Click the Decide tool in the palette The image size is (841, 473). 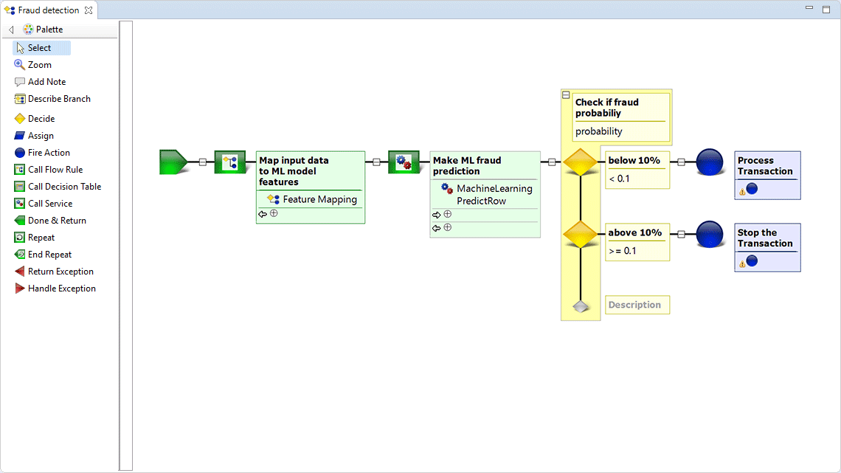coord(41,119)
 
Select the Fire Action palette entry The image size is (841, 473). coord(49,153)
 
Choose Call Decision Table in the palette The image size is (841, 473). coord(64,187)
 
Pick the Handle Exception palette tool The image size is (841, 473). coord(61,289)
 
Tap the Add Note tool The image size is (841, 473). coord(46,82)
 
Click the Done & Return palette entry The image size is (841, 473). coord(57,221)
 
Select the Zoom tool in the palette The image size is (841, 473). coord(39,65)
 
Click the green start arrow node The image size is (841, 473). coord(173,162)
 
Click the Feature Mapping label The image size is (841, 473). coord(319,199)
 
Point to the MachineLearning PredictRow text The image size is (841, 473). coord(494,195)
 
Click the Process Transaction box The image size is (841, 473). coord(767,174)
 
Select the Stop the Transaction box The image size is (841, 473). coord(767,246)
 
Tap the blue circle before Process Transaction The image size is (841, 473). coord(710,162)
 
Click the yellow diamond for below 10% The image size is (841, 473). coord(581,162)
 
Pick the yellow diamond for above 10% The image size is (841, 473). coord(581,235)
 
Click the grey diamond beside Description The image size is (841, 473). coord(581,305)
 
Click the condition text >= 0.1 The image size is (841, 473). coord(623,251)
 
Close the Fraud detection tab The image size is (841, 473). coord(89,10)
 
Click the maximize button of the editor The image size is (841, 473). coord(826,10)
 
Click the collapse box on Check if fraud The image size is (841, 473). coord(566,95)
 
